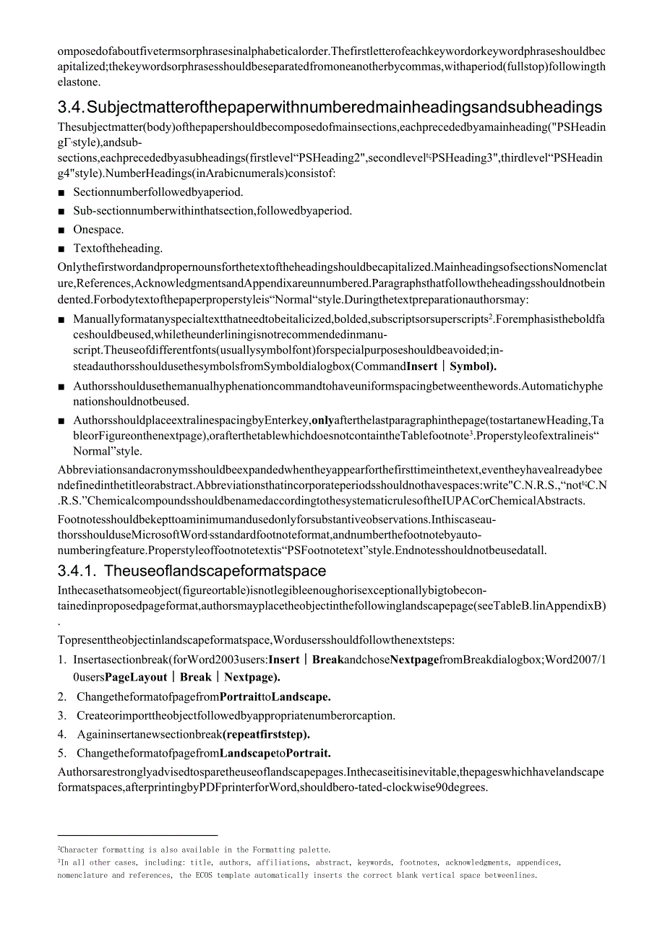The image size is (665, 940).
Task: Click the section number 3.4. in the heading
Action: pyautogui.click(x=71, y=108)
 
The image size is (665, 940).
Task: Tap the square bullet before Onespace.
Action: pyautogui.click(x=62, y=230)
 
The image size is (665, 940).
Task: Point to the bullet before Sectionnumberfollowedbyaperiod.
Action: pyautogui.click(x=62, y=193)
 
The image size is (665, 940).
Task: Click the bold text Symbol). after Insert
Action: pyautogui.click(x=473, y=366)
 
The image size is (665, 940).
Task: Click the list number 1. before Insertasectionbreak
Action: pyautogui.click(x=62, y=660)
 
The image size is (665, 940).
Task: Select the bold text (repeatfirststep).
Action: pyautogui.click(x=266, y=735)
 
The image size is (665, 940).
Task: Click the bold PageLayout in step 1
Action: pyautogui.click(x=138, y=678)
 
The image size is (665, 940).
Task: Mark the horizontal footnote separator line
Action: pyautogui.click(x=137, y=836)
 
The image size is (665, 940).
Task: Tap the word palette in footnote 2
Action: pyautogui.click(x=314, y=850)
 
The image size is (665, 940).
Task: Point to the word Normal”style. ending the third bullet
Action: pyautogui.click(x=108, y=452)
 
